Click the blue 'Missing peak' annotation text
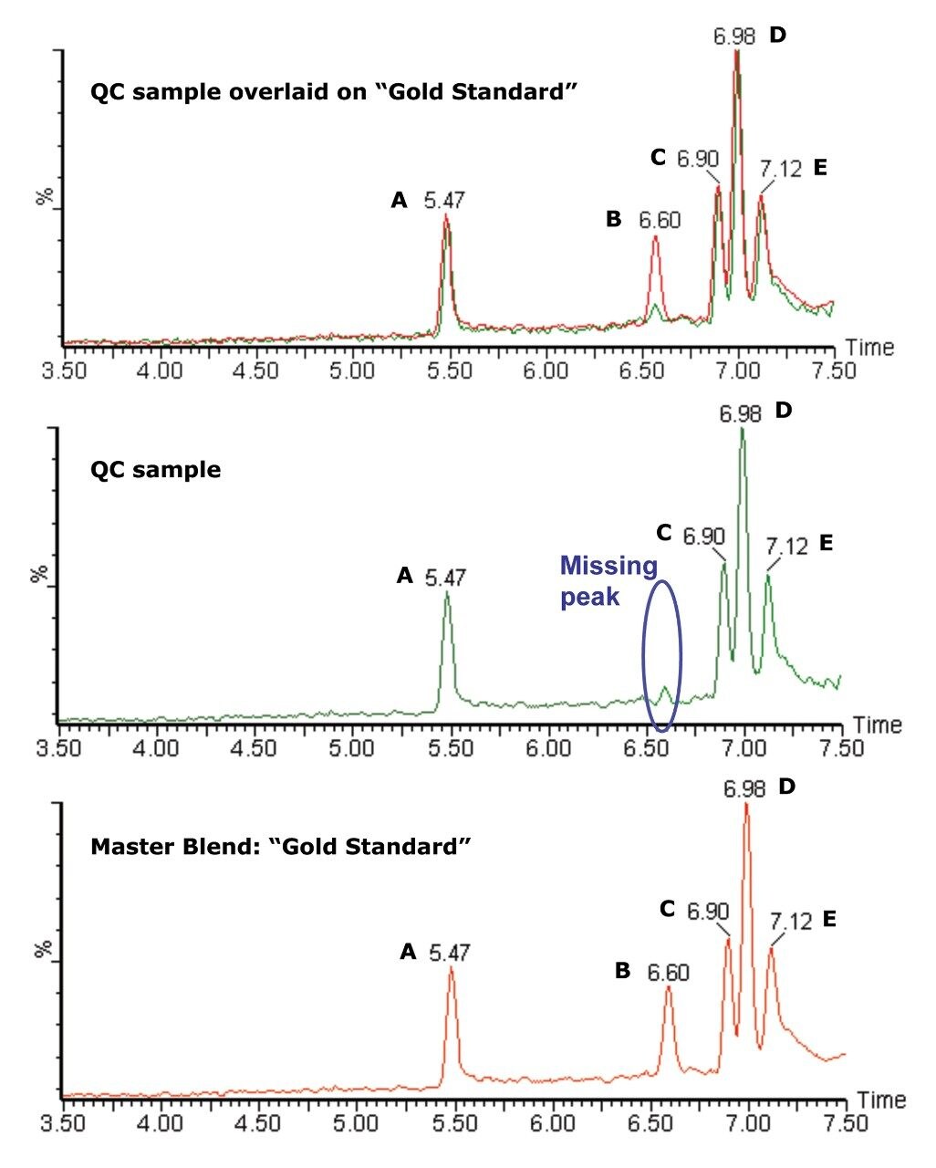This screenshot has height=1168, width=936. pyautogui.click(x=608, y=581)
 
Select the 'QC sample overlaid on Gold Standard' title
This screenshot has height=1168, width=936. pyautogui.click(x=335, y=92)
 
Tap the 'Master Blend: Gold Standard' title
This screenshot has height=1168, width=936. pyautogui.click(x=280, y=847)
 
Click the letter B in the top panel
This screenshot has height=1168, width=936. pyautogui.click(x=613, y=219)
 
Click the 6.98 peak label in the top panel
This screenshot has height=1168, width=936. pyautogui.click(x=734, y=37)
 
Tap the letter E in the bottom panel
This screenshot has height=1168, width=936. pyautogui.click(x=829, y=919)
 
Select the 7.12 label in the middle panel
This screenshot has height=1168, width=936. pyautogui.click(x=787, y=546)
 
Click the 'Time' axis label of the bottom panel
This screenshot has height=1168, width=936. pyautogui.click(x=881, y=1100)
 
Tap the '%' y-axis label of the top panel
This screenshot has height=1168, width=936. pyautogui.click(x=42, y=196)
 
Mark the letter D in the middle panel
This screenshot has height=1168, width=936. pyautogui.click(x=783, y=411)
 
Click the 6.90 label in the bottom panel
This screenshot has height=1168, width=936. pyautogui.click(x=708, y=911)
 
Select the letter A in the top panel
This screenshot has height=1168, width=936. pyautogui.click(x=399, y=200)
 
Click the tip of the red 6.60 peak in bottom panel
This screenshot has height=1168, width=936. pyautogui.click(x=669, y=987)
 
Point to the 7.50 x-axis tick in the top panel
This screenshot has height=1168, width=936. pyautogui.click(x=832, y=371)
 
